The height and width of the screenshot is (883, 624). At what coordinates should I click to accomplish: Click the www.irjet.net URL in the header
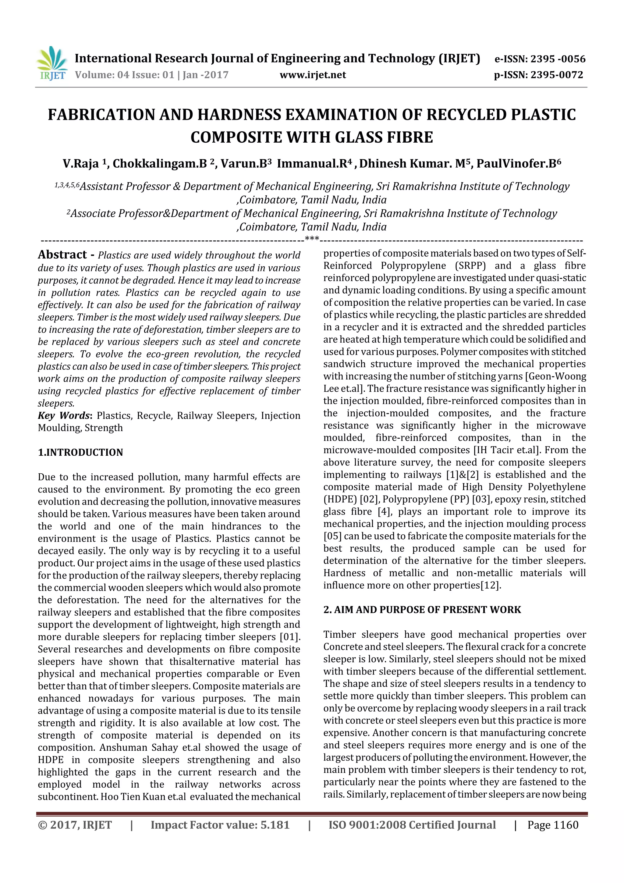click(312, 75)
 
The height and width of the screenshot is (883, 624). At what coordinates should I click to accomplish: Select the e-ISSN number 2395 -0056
click(558, 59)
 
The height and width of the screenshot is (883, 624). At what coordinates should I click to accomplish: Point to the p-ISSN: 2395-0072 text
click(538, 75)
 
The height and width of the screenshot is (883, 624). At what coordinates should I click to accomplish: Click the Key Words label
click(64, 416)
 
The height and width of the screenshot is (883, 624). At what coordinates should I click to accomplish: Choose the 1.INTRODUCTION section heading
click(80, 452)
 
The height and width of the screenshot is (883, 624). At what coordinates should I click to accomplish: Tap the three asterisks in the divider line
click(311, 239)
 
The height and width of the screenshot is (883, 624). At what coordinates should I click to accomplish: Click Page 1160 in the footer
click(552, 825)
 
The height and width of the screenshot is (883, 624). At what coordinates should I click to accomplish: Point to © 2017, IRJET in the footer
click(75, 825)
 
